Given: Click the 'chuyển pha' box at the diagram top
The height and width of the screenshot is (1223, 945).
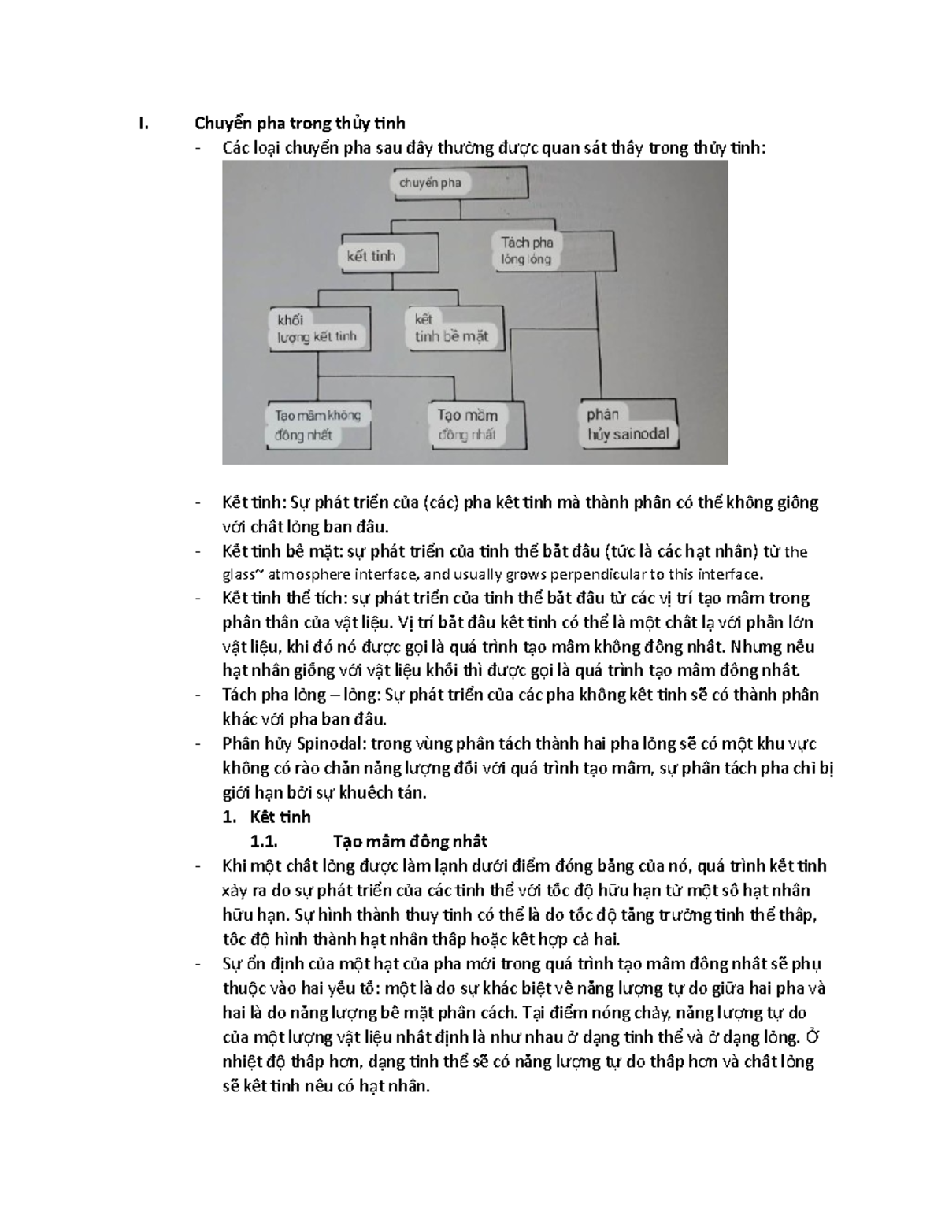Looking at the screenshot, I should pyautogui.click(x=430, y=183).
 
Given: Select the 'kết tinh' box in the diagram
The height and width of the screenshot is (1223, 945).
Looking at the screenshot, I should pyautogui.click(x=370, y=256).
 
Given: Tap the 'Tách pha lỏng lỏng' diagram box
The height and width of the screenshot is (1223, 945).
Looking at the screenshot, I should pyautogui.click(x=527, y=250).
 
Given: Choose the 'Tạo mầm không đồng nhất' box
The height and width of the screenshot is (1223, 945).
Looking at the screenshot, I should pyautogui.click(x=317, y=425).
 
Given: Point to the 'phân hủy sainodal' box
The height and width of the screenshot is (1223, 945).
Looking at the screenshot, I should pyautogui.click(x=628, y=424).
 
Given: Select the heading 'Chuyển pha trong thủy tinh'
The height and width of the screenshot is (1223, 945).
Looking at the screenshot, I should pyautogui.click(x=300, y=123).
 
